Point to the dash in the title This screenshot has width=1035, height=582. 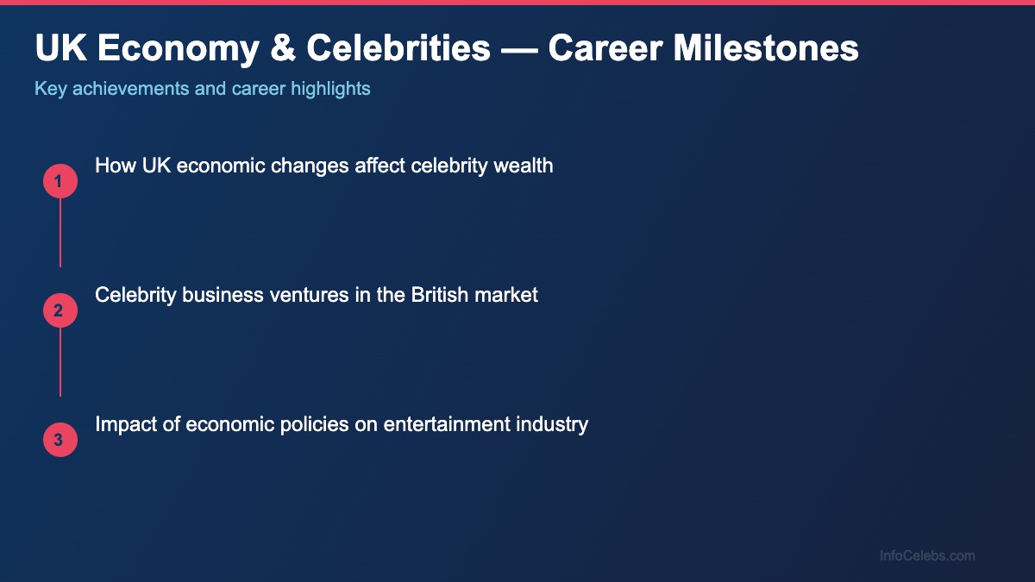tap(519, 49)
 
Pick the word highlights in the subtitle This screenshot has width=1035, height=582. tap(332, 89)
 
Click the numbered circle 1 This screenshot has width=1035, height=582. tap(60, 181)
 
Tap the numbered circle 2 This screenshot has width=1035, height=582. tap(60, 310)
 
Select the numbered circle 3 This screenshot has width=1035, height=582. tap(60, 440)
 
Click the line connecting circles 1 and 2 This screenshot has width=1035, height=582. tap(60, 233)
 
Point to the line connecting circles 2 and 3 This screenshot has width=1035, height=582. tap(60, 362)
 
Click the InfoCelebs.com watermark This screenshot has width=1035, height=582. tap(927, 556)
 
